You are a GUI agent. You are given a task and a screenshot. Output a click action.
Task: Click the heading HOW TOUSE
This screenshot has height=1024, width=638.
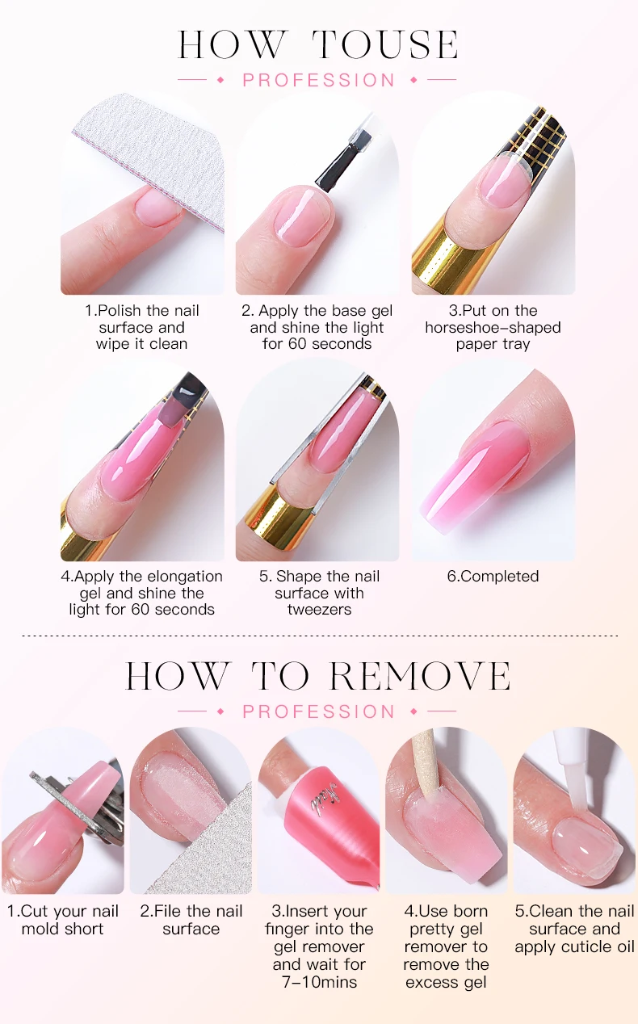coord(318,44)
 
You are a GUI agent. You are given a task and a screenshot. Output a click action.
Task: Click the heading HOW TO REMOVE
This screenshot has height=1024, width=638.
coord(318,675)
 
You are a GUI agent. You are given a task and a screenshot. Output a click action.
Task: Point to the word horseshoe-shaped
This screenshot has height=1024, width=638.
coord(493,327)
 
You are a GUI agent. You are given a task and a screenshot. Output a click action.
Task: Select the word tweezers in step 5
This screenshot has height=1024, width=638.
coord(320,610)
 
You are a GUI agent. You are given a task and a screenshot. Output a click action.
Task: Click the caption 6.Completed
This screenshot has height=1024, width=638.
coord(493,576)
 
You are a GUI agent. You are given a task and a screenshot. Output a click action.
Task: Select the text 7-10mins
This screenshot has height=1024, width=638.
coord(320,982)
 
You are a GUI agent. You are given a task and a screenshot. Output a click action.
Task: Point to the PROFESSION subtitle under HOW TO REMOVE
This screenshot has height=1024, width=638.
coord(318,711)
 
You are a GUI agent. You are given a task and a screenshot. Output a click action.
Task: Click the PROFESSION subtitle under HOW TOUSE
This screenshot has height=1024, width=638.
coord(318,80)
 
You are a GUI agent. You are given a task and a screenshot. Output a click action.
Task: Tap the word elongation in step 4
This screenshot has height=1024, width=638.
coord(185,577)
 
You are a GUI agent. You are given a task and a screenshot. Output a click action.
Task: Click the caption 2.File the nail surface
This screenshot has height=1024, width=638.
coord(191,920)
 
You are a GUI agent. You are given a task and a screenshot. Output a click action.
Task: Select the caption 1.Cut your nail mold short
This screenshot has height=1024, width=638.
coord(63,920)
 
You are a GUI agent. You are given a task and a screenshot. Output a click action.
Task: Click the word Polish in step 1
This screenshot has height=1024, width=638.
coord(120,311)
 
